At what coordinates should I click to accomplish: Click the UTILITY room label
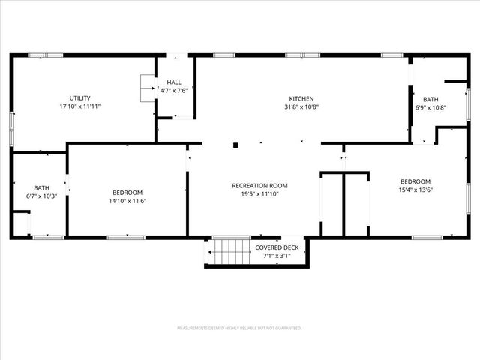tap(80, 98)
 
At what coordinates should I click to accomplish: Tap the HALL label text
tap(174, 82)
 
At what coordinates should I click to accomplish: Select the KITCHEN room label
tap(301, 98)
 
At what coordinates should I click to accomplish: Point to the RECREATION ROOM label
tap(259, 185)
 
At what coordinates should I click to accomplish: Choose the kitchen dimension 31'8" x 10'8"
tap(301, 106)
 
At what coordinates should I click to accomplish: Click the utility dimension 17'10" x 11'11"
tap(80, 106)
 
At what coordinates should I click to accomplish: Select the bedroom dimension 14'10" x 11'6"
tap(127, 202)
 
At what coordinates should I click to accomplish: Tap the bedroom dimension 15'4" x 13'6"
tap(415, 190)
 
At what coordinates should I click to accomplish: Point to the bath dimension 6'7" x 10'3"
tap(40, 196)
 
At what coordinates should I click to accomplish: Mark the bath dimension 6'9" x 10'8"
tap(430, 107)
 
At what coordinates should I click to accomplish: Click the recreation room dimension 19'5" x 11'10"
tap(259, 193)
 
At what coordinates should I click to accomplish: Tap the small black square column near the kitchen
tap(235, 145)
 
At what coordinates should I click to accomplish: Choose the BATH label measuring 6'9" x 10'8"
tap(430, 99)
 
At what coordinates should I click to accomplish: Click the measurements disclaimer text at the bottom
tap(239, 328)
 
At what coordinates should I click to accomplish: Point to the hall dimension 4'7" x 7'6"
tap(174, 91)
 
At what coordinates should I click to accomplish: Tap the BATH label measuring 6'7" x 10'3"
tap(40, 188)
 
